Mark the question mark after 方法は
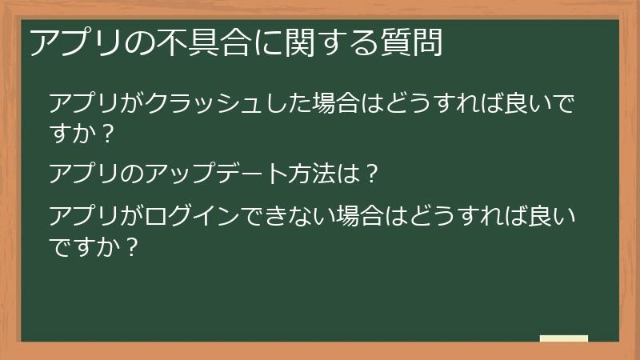pos(370,174)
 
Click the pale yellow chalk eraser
pos(564,338)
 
